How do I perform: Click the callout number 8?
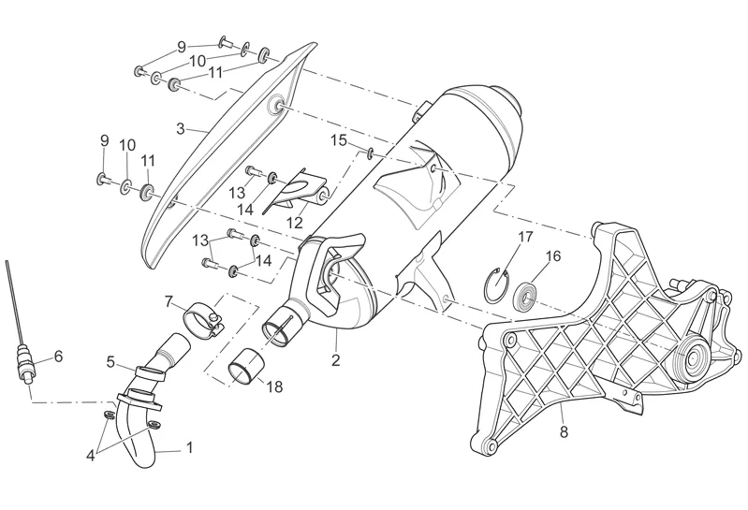click(x=564, y=432)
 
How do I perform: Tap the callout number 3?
click(x=181, y=128)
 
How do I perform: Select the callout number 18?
click(x=273, y=386)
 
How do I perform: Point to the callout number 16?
click(x=553, y=255)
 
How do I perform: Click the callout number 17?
click(x=525, y=237)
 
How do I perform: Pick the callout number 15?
click(x=338, y=140)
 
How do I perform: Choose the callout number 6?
click(x=58, y=357)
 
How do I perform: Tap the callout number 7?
click(x=169, y=301)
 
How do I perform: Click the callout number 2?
click(x=336, y=358)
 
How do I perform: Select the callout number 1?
click(x=189, y=447)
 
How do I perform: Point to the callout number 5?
click(x=110, y=361)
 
